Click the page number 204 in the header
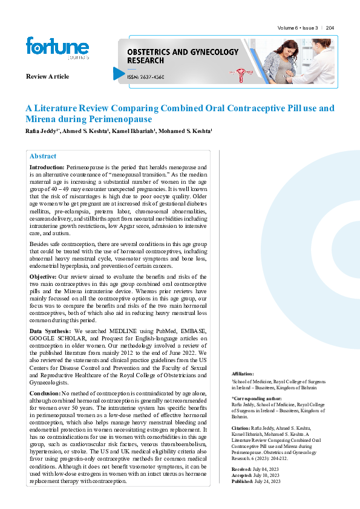point(330,28)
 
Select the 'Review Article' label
point(47,76)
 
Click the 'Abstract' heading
point(43,156)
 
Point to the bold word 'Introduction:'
point(47,166)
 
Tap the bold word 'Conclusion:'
point(45,393)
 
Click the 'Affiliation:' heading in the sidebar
point(243,374)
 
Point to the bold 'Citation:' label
point(242,427)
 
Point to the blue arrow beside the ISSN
point(119,73)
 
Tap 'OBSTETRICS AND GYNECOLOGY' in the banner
point(183,53)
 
